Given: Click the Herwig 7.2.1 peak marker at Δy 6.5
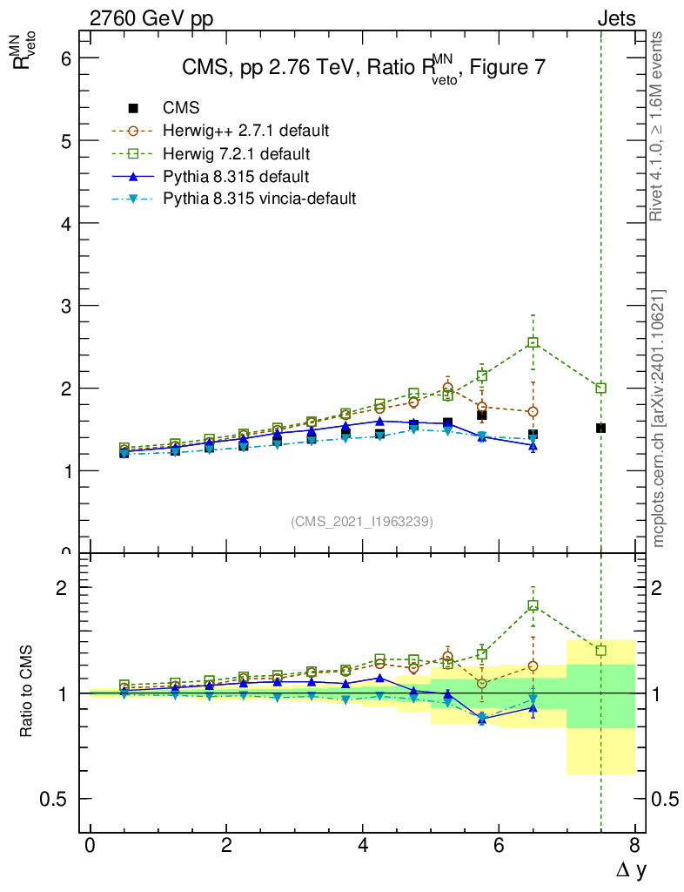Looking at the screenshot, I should [533, 342].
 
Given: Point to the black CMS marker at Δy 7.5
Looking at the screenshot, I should [600, 428].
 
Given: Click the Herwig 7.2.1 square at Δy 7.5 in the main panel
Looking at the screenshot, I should [600, 388].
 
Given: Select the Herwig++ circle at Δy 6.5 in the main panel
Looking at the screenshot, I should [533, 411].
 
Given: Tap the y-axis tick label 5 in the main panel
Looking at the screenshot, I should [64, 140].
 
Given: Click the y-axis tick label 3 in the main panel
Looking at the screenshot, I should [64, 306].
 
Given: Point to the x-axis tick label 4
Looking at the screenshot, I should [362, 846].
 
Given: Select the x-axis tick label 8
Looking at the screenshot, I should [634, 846].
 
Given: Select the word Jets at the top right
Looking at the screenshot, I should [615, 18].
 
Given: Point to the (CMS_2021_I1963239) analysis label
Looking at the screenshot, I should [362, 521].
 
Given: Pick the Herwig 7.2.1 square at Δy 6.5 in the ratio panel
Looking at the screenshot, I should [533, 605].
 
